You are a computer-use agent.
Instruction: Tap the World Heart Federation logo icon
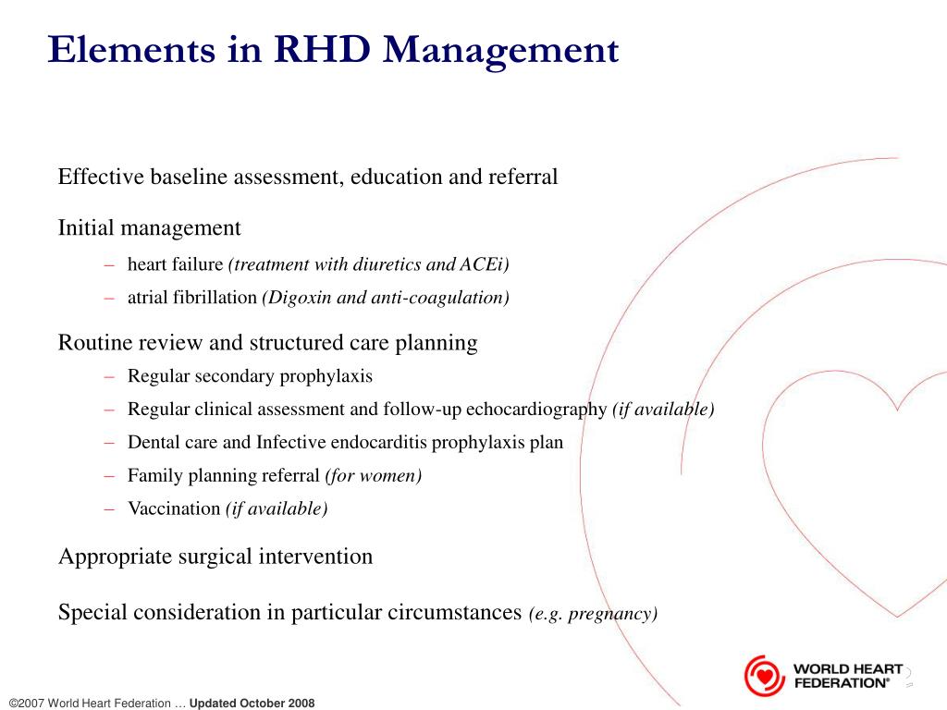(x=764, y=675)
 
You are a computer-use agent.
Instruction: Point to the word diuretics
(x=386, y=264)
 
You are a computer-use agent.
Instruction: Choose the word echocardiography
(x=536, y=409)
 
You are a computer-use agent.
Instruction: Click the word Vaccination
(x=174, y=508)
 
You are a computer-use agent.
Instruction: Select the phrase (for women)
(x=373, y=475)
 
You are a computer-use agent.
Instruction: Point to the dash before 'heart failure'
(x=109, y=264)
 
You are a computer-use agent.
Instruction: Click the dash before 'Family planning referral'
(x=109, y=475)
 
